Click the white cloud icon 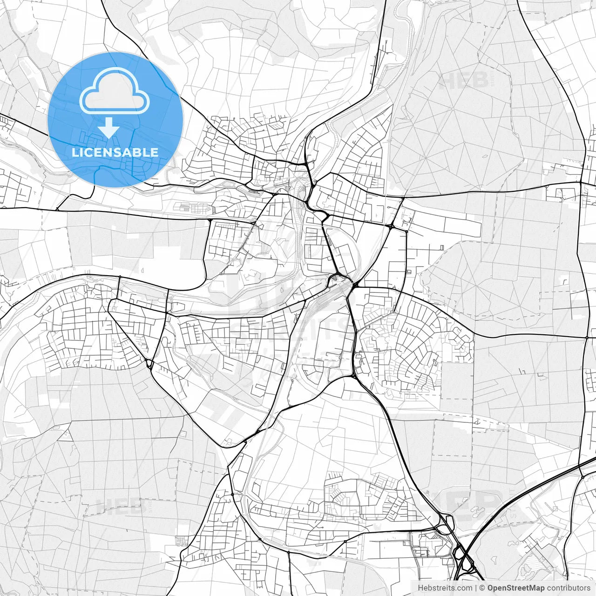pos(115,93)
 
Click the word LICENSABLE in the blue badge pos(115,152)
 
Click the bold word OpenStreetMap pos(516,588)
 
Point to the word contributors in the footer pos(568,588)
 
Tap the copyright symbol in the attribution pos(482,588)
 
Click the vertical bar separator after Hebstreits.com pos(475,588)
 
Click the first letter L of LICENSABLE pos(74,152)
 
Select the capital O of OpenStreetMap pos(490,588)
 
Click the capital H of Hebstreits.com pos(420,588)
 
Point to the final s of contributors pos(588,588)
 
